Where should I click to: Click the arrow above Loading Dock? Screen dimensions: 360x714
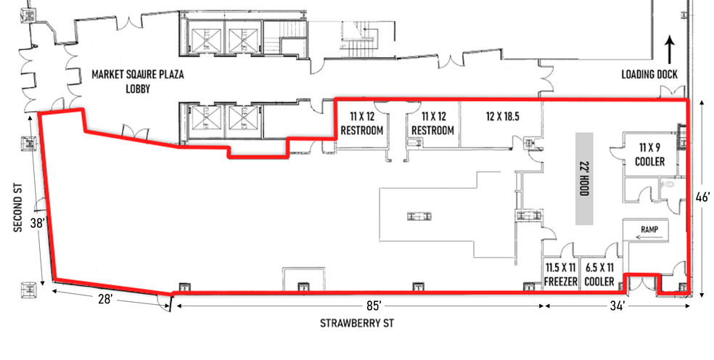670,50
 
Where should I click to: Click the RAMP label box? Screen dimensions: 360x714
645,230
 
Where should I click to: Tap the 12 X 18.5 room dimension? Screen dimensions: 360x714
501,115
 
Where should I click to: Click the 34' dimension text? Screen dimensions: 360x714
617,306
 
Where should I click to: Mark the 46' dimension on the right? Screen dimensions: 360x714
702,197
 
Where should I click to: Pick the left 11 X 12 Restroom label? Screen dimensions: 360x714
361,123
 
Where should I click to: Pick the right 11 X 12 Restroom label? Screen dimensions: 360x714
432,123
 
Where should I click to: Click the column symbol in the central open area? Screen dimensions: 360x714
419,216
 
